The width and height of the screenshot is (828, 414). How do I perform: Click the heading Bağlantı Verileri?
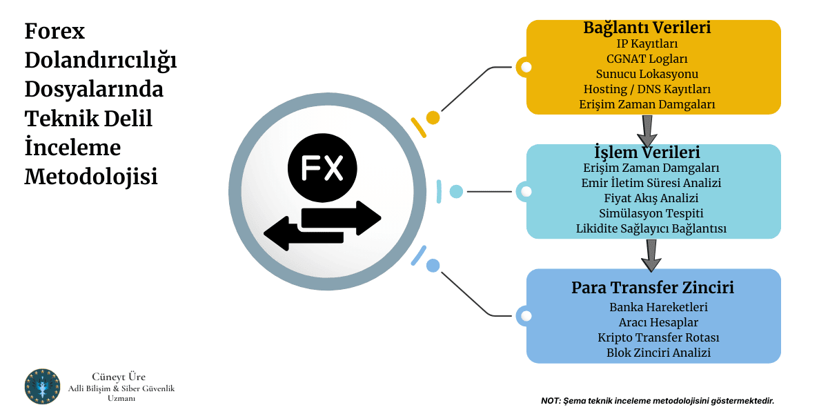click(x=647, y=28)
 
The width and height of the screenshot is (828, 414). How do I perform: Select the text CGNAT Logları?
click(x=647, y=59)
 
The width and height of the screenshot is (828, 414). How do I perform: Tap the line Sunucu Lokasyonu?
click(x=647, y=74)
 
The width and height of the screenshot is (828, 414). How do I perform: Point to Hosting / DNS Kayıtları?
click(x=647, y=89)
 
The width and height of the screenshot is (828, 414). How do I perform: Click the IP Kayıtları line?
click(x=647, y=43)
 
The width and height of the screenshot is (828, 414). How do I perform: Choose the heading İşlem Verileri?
click(x=647, y=152)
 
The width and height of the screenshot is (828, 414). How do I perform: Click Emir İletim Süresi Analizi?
click(x=651, y=183)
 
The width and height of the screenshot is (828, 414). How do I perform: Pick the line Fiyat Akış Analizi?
click(x=651, y=198)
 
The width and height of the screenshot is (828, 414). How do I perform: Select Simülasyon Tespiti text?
click(x=651, y=213)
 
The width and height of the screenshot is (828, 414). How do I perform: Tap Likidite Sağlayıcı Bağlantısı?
click(x=651, y=228)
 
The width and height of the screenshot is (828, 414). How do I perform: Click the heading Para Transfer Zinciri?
click(x=653, y=288)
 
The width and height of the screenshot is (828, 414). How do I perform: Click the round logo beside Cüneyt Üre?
click(x=43, y=386)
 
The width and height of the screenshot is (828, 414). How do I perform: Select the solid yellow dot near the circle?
click(x=433, y=117)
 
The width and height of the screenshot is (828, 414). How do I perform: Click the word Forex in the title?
click(x=55, y=32)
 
